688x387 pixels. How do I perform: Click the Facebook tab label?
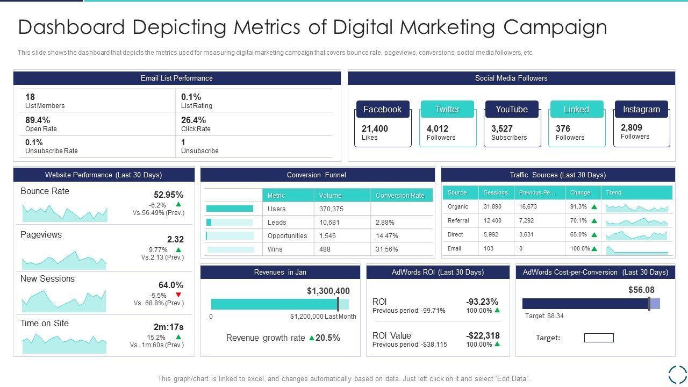(x=382, y=109)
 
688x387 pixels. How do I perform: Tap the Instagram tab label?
(x=641, y=109)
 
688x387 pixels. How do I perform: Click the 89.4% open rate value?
(x=38, y=120)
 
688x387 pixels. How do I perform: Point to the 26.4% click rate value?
(x=193, y=120)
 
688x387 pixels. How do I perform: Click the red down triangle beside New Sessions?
(x=178, y=295)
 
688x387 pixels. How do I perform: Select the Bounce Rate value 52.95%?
(x=168, y=195)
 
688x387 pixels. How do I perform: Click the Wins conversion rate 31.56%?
(x=387, y=249)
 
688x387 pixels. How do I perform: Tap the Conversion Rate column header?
(x=400, y=196)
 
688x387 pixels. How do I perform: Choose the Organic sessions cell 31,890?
(x=492, y=206)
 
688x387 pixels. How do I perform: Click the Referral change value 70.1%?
(x=578, y=220)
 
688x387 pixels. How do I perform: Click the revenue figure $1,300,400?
(x=328, y=291)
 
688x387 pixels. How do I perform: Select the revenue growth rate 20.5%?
(x=328, y=338)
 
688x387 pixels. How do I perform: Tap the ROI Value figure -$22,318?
(x=483, y=335)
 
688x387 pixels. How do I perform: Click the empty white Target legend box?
(x=599, y=338)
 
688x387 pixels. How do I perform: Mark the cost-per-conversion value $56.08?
(x=641, y=290)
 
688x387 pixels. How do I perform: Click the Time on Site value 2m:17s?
(x=168, y=327)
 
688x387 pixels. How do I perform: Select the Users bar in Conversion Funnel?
(x=230, y=209)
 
